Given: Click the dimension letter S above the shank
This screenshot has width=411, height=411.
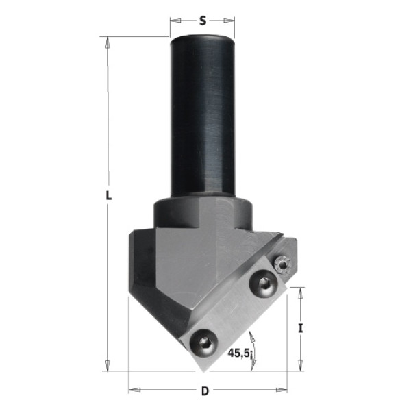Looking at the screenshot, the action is [203, 21].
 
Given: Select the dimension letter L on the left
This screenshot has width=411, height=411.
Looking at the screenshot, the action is [108, 195].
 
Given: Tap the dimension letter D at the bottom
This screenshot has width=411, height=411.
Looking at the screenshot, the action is [205, 391].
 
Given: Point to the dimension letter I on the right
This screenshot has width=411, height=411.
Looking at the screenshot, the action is [301, 328].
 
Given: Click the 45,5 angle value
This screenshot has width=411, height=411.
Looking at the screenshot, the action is [238, 353].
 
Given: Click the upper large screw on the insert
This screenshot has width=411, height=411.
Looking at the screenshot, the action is [262, 283].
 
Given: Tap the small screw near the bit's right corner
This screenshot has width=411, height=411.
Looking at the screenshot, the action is [282, 264].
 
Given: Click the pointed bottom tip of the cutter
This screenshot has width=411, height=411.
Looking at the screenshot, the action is [203, 372].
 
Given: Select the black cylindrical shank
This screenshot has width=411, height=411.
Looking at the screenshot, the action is [203, 115].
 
